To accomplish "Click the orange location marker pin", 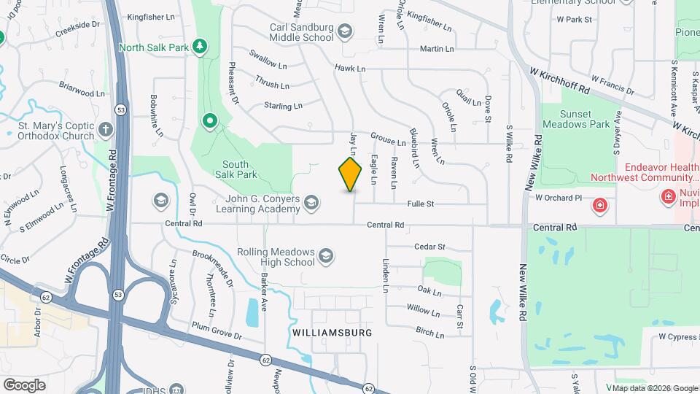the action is point(351,174).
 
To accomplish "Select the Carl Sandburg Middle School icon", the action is point(345,31).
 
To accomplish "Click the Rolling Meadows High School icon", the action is point(326,256).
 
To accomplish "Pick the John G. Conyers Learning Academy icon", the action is point(311,202).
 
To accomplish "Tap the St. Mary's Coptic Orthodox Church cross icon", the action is point(106,130).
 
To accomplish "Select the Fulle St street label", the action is point(421,204).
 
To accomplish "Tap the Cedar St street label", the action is point(429,247).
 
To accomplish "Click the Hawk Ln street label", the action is point(350,68).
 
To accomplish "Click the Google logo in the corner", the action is point(24,385).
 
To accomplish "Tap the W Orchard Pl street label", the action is point(559,198).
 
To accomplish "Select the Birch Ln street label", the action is point(429,333).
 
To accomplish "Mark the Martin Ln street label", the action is point(437,49).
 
